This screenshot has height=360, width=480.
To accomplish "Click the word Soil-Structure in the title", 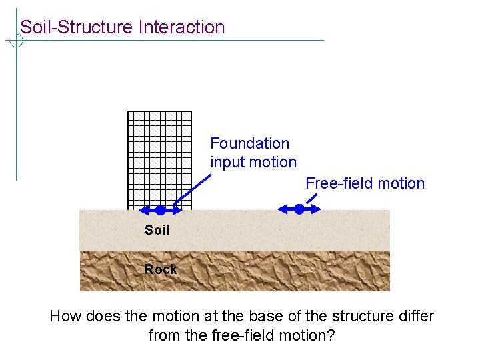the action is coord(77,27).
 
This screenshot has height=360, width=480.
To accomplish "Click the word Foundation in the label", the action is coord(250,143).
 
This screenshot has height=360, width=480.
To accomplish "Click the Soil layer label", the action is coord(157,230).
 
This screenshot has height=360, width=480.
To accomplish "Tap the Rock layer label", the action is coord(161,269).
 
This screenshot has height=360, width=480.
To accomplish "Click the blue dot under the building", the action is coord(160,210).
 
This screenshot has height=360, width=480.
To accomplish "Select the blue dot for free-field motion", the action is coord(299,209).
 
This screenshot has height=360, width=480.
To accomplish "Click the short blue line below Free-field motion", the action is coord(311,199).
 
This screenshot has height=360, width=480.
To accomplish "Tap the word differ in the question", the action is coord(415,316).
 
